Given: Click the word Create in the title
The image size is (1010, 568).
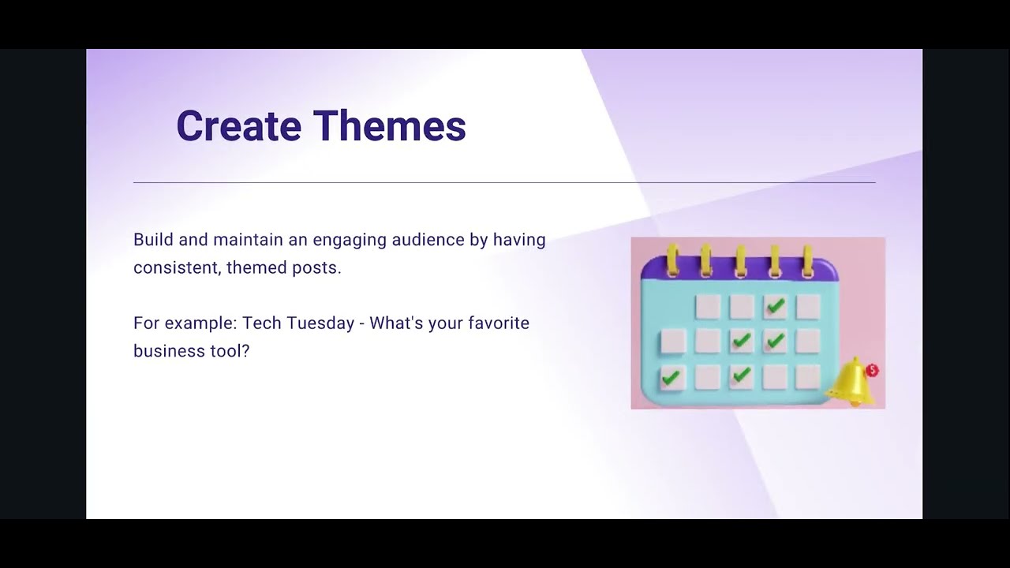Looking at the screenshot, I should [238, 126].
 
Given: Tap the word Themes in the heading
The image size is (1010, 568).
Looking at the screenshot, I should [389, 126].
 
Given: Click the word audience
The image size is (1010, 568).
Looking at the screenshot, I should [428, 240].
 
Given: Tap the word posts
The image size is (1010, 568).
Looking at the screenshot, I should [316, 268].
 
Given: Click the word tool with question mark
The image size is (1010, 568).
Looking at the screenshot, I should [230, 351].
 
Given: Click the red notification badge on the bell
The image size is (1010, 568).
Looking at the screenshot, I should [872, 370].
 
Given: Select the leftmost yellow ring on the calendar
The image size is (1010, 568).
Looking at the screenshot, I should [672, 260].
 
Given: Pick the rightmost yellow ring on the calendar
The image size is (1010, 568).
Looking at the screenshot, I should [807, 260].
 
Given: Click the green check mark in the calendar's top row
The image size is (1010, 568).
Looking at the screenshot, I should [776, 306].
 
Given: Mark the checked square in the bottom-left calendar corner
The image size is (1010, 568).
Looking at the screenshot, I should [671, 377].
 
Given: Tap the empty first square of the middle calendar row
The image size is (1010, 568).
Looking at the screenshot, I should [671, 342].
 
